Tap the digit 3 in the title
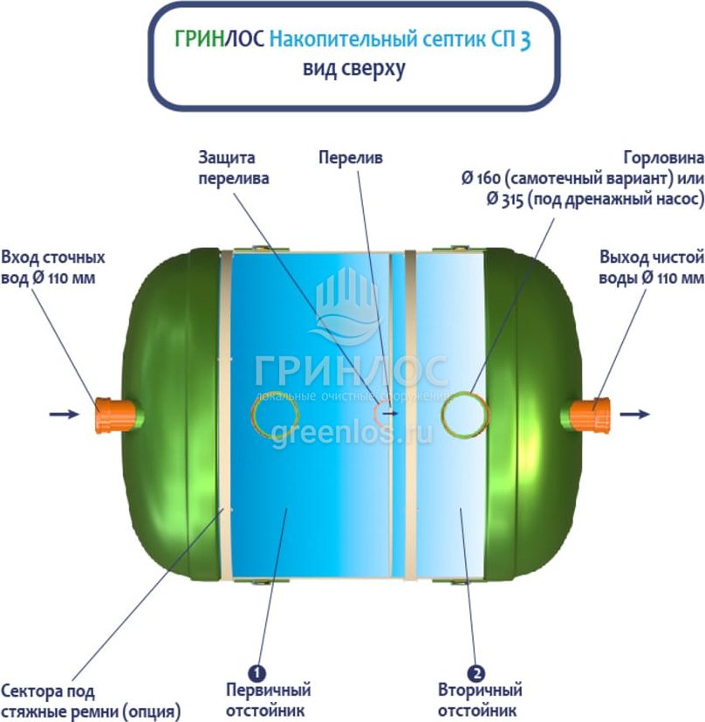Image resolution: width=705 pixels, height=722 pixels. pos(524,41)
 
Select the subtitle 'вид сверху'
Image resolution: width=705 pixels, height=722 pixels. pos(353,69)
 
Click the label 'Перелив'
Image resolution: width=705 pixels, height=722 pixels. pos(350,158)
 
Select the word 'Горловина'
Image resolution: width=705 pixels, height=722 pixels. pos(662,158)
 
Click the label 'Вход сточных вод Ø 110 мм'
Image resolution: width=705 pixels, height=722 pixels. pos(53,268)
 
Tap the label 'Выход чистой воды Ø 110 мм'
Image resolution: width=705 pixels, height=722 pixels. pos(651,268)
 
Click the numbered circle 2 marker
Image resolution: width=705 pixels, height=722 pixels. pos(476,672)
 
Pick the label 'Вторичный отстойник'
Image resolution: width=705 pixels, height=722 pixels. pos(476,700)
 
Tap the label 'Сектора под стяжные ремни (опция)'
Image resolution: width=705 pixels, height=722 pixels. pos(91,700)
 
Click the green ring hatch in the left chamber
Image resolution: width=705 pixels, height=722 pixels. pos(275,411)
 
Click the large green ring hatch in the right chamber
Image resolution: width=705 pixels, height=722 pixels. pos(464,411)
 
